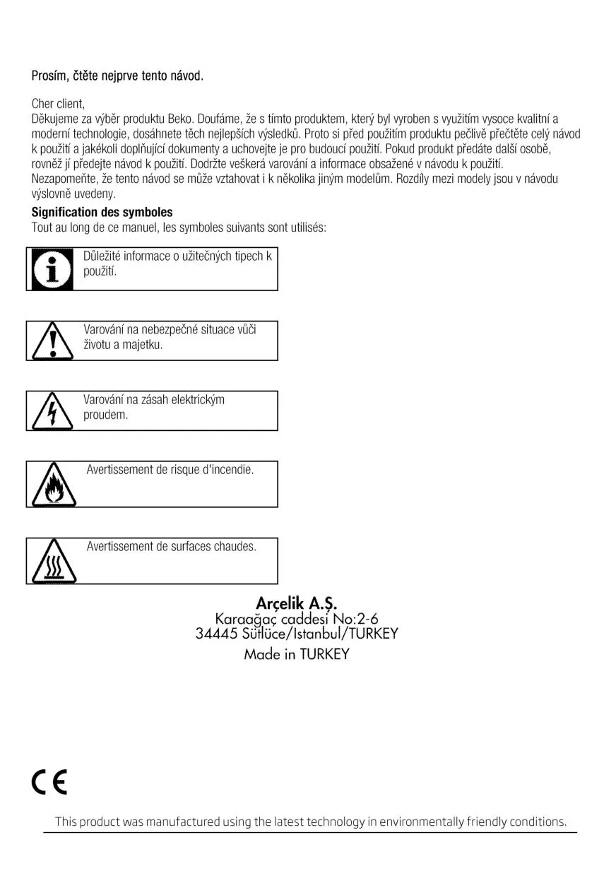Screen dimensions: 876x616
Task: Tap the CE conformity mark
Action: point(49,782)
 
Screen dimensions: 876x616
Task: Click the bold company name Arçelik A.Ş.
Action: point(297,603)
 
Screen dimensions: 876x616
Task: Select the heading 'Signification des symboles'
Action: point(102,212)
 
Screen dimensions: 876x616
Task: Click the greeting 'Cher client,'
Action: point(58,104)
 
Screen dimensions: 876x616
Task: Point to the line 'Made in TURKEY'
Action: point(297,654)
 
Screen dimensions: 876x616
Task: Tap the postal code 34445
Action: point(216,633)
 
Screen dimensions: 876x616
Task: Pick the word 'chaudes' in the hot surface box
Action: point(234,546)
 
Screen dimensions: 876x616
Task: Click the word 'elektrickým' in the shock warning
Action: point(199,400)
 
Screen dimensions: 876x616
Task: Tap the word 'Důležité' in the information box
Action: point(103,256)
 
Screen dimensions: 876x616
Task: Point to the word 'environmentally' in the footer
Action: point(422,822)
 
